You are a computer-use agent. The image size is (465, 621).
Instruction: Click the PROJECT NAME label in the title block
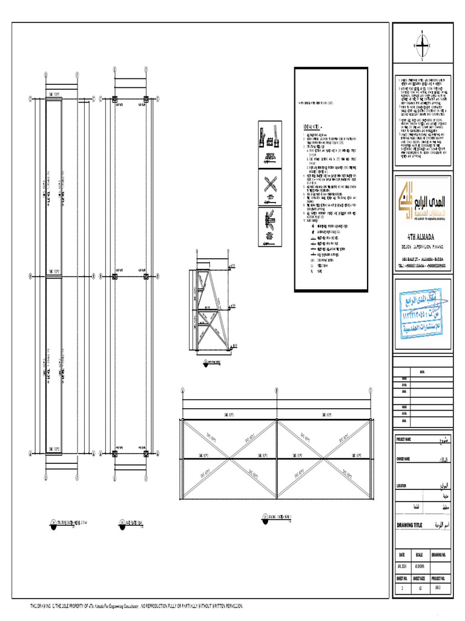tap(404, 439)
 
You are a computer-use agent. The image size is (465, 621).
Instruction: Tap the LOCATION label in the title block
tap(401, 486)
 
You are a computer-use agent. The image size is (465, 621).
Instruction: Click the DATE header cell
tap(401, 555)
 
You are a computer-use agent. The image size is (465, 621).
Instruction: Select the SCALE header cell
tap(419, 555)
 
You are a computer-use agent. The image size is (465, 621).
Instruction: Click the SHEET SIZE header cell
tap(419, 579)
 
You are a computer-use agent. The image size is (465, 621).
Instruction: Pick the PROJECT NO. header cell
tap(439, 579)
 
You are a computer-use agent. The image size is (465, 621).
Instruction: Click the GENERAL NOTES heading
tap(313, 127)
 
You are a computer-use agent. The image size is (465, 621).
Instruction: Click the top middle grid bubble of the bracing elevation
tap(277, 391)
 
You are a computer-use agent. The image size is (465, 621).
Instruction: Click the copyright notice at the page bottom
tap(137, 606)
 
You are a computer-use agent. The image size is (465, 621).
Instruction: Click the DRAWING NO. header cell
tap(439, 555)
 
